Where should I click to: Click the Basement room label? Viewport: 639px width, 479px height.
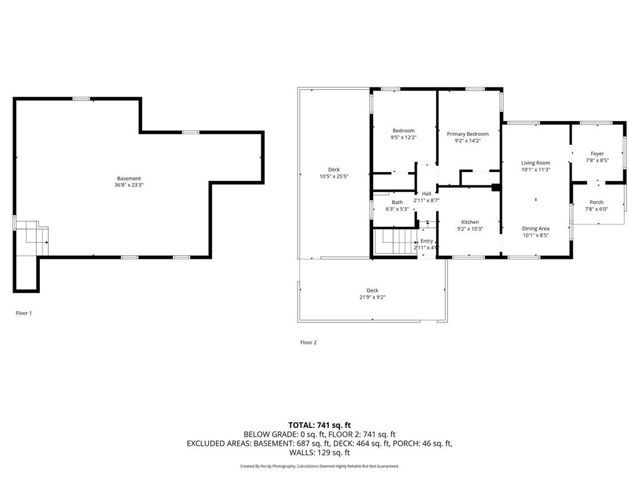pyautogui.click(x=129, y=178)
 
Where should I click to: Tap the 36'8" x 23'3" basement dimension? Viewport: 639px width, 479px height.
pyautogui.click(x=129, y=185)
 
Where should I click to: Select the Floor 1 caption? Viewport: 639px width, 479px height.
pyautogui.click(x=24, y=313)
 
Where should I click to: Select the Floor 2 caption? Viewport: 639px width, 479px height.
pyautogui.click(x=308, y=342)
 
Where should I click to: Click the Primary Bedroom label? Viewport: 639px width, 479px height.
pyautogui.click(x=467, y=134)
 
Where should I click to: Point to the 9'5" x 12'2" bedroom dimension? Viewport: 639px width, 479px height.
pyautogui.click(x=403, y=137)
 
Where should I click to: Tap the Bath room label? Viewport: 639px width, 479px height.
pyautogui.click(x=397, y=202)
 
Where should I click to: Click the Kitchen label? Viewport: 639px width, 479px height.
pyautogui.click(x=470, y=222)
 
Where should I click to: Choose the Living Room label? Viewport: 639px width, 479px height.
pyautogui.click(x=535, y=163)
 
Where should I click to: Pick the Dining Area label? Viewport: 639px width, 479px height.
pyautogui.click(x=535, y=229)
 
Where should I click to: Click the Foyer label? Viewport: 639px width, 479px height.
pyautogui.click(x=597, y=153)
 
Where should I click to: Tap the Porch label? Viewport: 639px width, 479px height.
pyautogui.click(x=597, y=202)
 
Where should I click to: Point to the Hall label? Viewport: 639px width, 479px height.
pyautogui.click(x=426, y=193)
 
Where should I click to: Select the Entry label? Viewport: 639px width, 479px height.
pyautogui.click(x=426, y=241)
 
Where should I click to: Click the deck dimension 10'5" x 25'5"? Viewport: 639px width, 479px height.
pyautogui.click(x=334, y=177)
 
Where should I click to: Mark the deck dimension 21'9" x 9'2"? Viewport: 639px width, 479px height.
pyautogui.click(x=372, y=298)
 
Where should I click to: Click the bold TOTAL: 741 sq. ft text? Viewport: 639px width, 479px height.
pyautogui.click(x=319, y=425)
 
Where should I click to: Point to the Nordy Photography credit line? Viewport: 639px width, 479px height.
pyautogui.click(x=319, y=466)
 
